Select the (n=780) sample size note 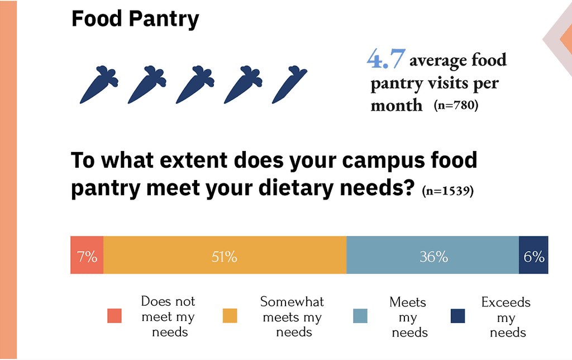coord(456,105)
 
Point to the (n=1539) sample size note coord(448,191)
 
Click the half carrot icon coord(289,84)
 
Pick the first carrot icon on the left coord(98,84)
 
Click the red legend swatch coord(115,316)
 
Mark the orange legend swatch coord(230,316)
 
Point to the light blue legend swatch coord(360,316)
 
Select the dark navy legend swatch coord(457,316)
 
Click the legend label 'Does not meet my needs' coord(168,317)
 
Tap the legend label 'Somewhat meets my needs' coord(292,317)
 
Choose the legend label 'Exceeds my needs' coord(506,318)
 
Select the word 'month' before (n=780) coord(397,105)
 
